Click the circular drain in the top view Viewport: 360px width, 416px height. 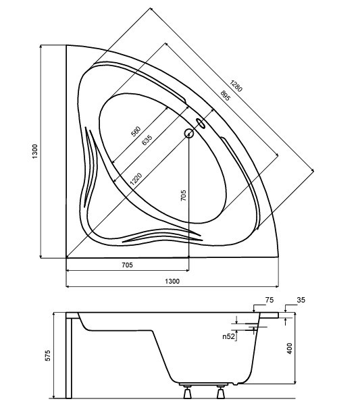click(x=188, y=133)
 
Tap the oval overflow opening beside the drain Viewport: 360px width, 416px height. click(x=201, y=123)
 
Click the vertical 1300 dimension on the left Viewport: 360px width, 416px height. click(x=35, y=151)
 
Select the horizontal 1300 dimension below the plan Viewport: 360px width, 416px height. click(x=172, y=281)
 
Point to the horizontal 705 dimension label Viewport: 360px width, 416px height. click(x=127, y=265)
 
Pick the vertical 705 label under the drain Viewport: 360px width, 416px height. click(x=183, y=196)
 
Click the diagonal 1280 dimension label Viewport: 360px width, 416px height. click(x=236, y=86)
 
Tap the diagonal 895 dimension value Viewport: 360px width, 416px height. click(x=226, y=96)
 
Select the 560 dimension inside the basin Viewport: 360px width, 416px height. click(x=136, y=132)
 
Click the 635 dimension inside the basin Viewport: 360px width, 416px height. click(x=147, y=140)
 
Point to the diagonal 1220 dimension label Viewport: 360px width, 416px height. click(x=136, y=179)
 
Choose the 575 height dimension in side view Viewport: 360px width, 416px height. click(x=48, y=355)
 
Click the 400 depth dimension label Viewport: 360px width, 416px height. click(x=290, y=348)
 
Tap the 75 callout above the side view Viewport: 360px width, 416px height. click(x=269, y=300)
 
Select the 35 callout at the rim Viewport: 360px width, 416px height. click(x=301, y=300)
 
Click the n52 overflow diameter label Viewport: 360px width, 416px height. click(x=229, y=337)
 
